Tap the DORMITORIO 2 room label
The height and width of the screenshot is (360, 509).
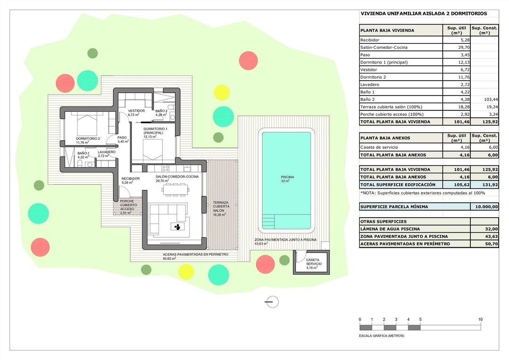[x=88, y=139]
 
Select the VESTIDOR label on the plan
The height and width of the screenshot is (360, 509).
[x=136, y=111]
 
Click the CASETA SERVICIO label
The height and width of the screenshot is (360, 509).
[x=314, y=262]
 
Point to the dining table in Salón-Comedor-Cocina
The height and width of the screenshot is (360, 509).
[x=175, y=190]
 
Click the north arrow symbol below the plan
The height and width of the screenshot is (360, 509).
[x=271, y=302]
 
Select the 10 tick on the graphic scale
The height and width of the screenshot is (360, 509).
[x=480, y=319]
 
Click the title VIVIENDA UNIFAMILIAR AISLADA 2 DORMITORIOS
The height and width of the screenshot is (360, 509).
[x=424, y=14]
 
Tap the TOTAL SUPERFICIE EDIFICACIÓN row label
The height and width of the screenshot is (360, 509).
[x=398, y=184]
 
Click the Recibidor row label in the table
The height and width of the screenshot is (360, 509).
[x=369, y=40]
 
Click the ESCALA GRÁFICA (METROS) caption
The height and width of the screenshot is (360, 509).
[x=381, y=336]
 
